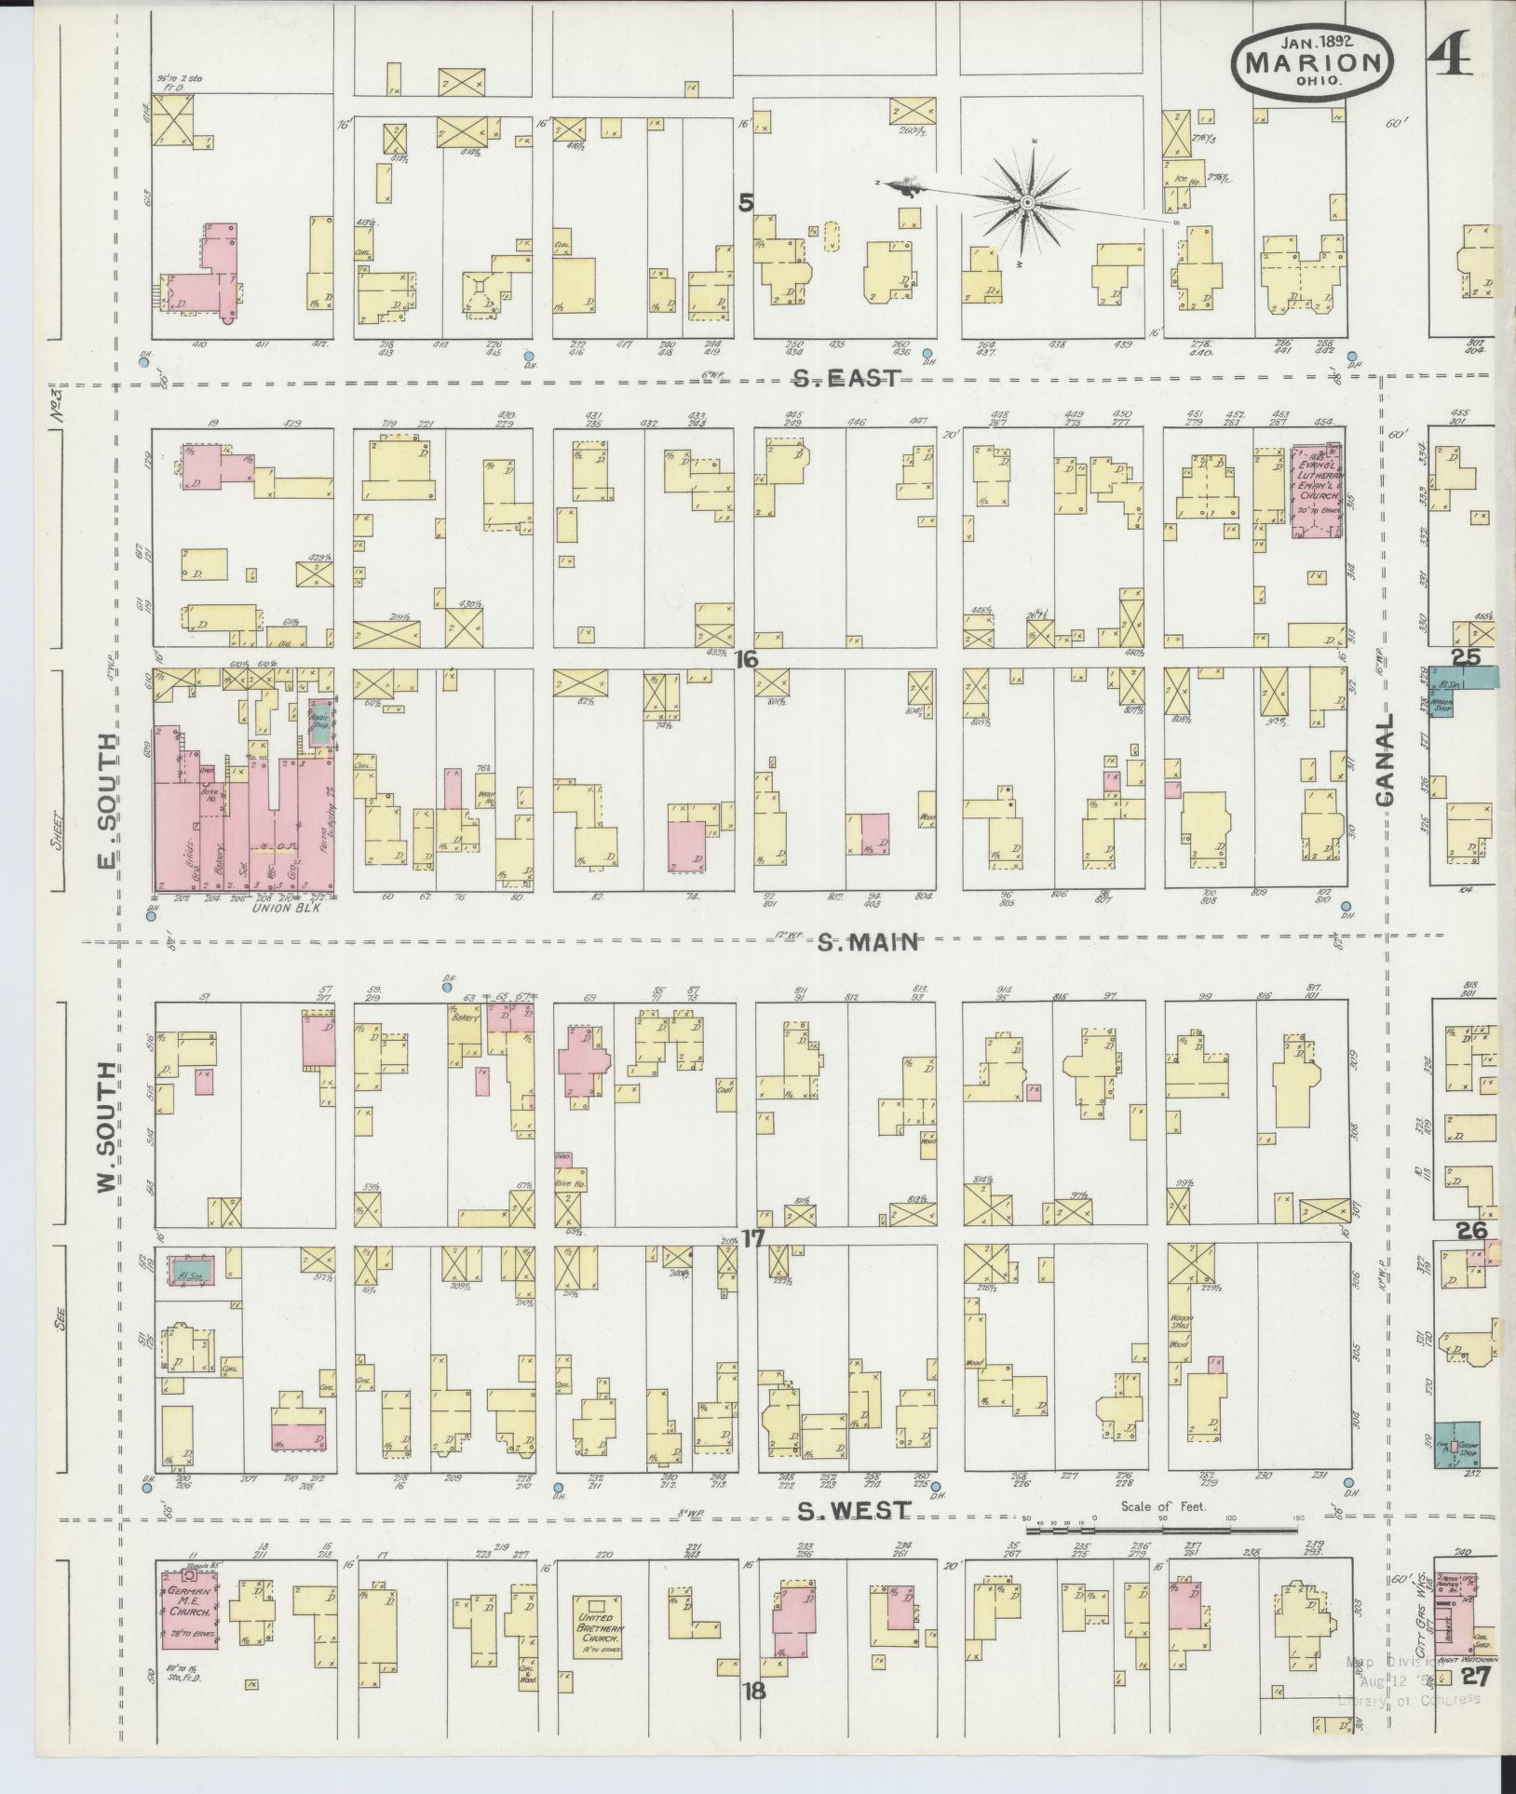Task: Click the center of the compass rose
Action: (x=1026, y=203)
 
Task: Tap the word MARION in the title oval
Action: (x=1313, y=62)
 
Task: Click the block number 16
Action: (x=745, y=659)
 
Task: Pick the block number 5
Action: (x=745, y=202)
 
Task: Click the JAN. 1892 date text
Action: (x=1315, y=41)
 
